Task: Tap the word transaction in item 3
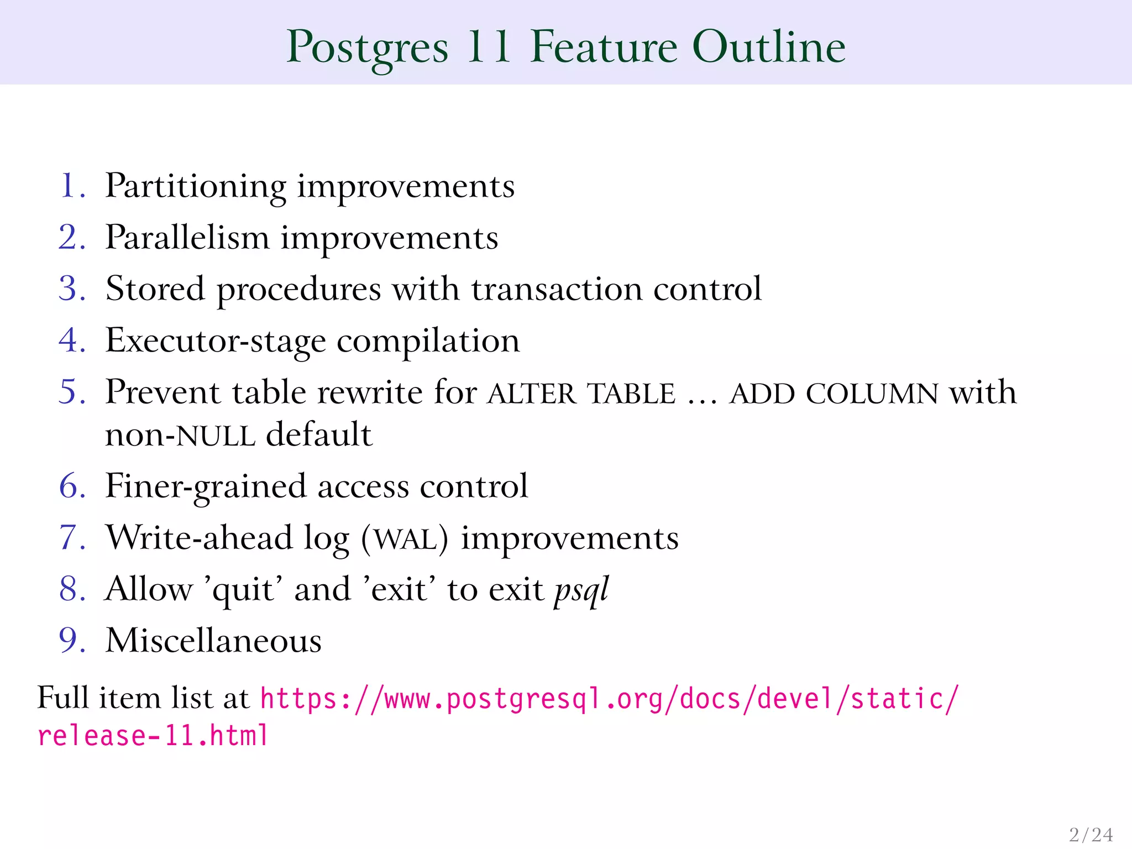[x=557, y=289]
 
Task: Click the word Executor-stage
[x=216, y=341]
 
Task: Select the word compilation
[x=428, y=341]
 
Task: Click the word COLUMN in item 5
[x=872, y=394]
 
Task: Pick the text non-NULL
[x=180, y=435]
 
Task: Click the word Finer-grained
[x=205, y=487]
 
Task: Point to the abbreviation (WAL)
[x=405, y=538]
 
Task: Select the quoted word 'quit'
[x=244, y=589]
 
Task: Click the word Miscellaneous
[x=213, y=641]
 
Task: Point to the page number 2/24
[x=1091, y=834]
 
